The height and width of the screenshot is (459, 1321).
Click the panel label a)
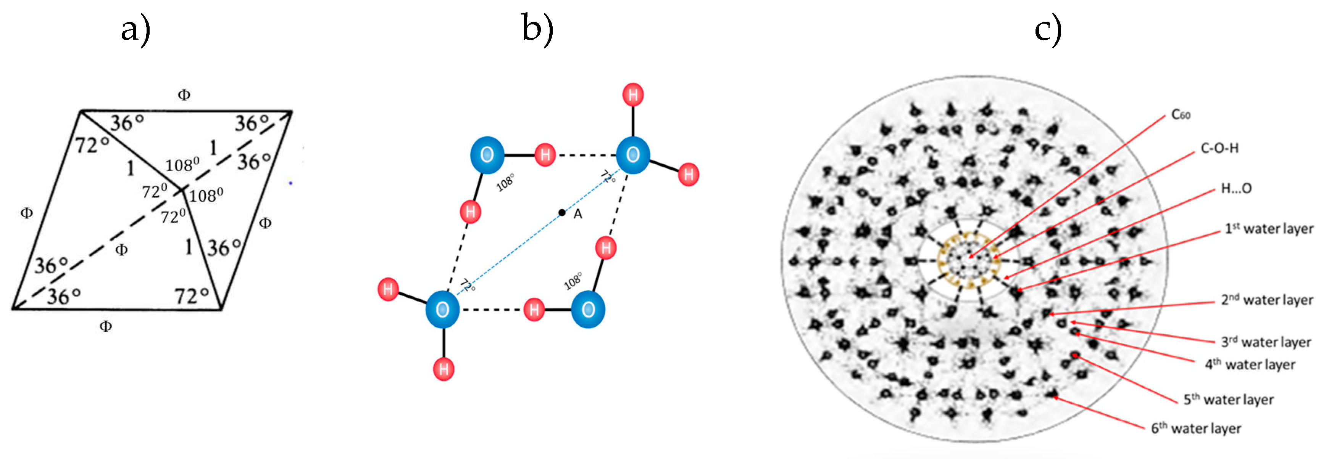135,30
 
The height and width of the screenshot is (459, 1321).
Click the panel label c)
1047,30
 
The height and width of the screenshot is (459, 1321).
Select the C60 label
1181,115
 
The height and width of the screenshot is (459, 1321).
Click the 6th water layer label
1196,428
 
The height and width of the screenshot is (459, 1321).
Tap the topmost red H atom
633,95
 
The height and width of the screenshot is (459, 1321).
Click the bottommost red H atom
444,369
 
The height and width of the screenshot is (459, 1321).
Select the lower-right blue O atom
588,310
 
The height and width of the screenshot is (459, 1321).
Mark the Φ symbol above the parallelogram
184,95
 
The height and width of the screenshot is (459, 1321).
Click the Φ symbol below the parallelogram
106,326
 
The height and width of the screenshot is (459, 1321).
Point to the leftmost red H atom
388,289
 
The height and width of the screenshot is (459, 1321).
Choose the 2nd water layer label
1267,300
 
